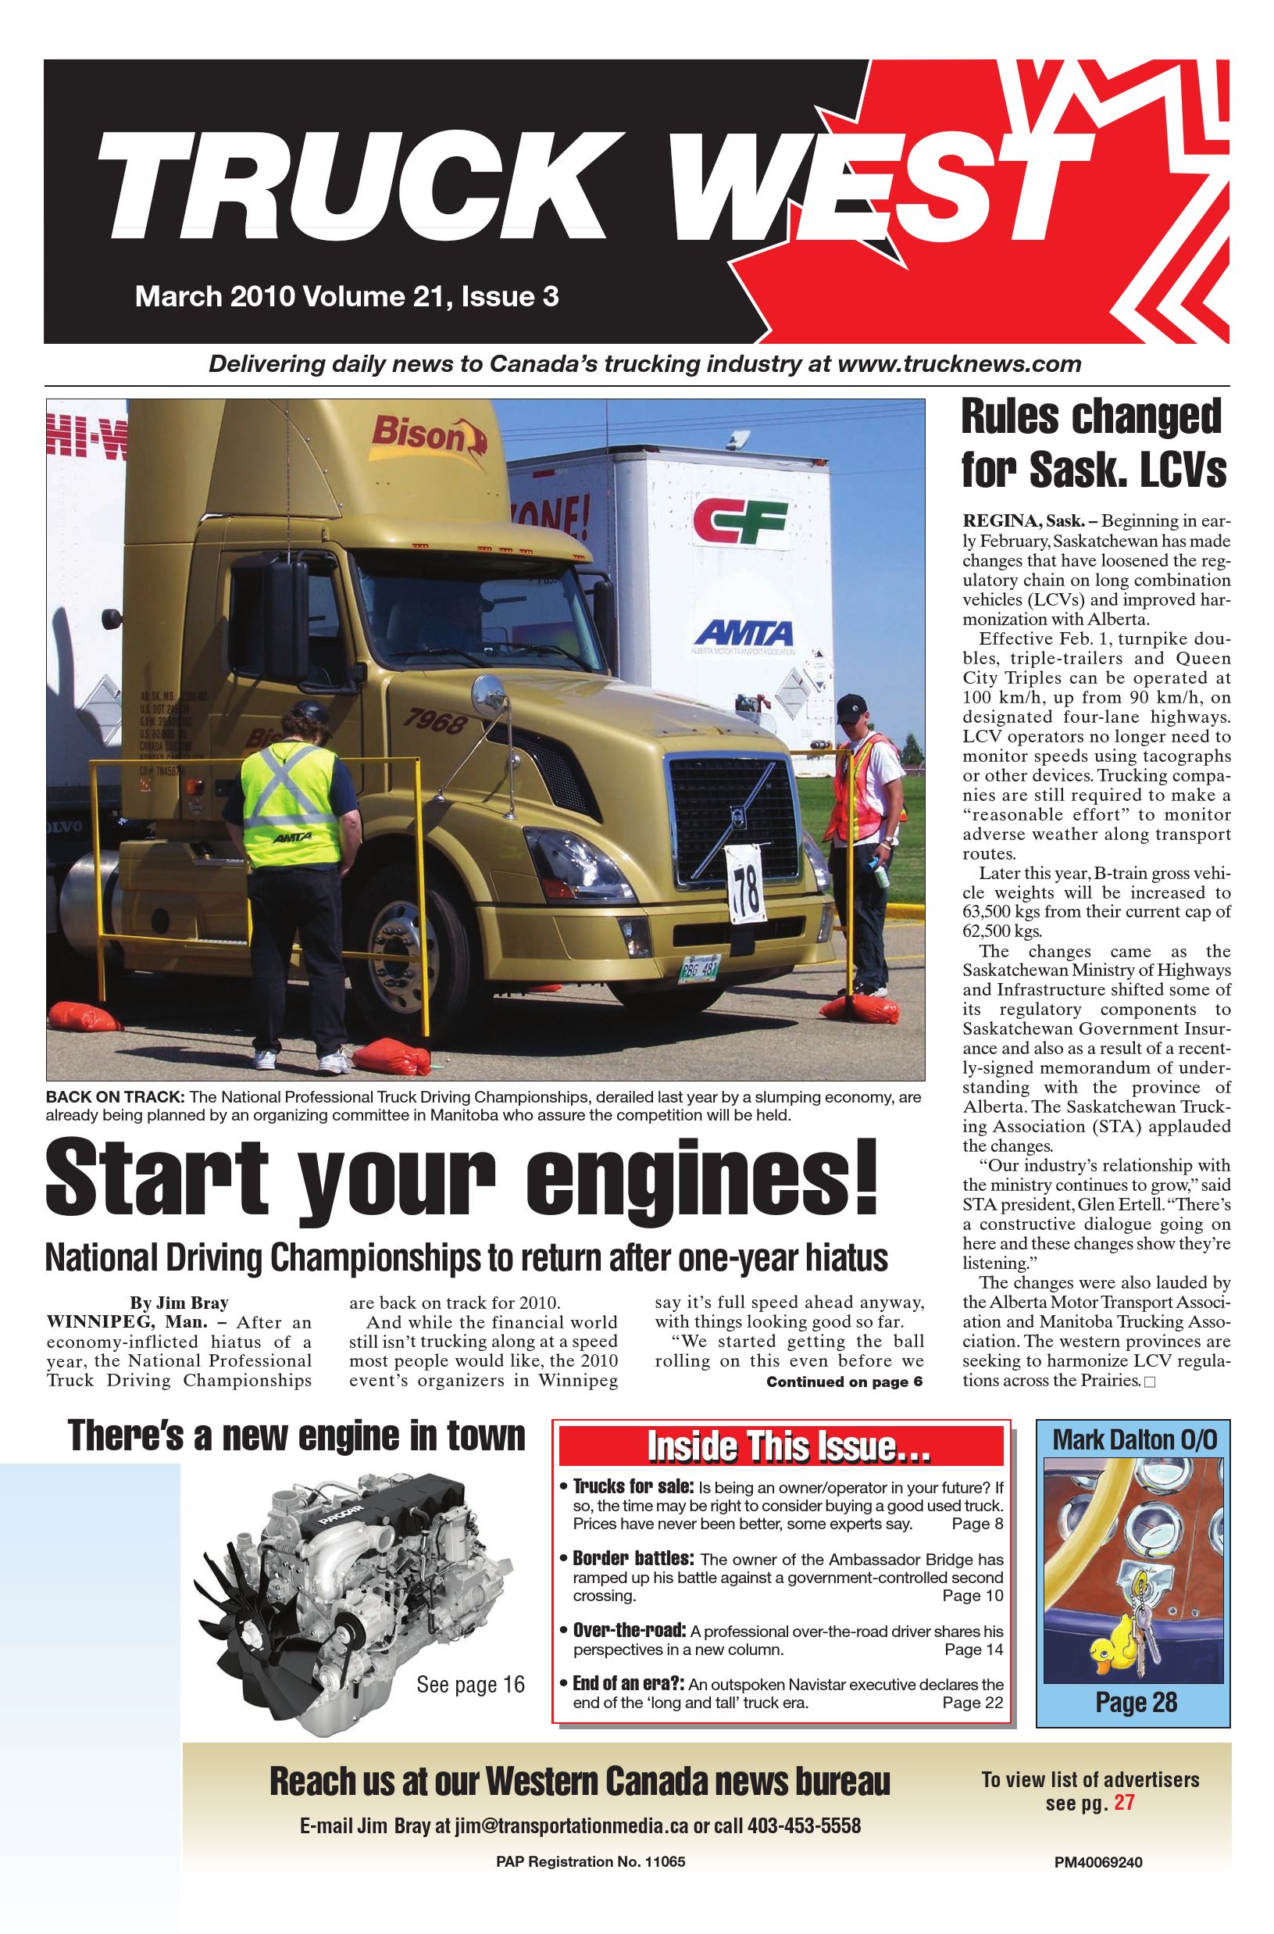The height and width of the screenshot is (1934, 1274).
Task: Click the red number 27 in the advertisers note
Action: [1124, 1804]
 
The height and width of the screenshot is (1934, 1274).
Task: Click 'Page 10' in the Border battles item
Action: [972, 1595]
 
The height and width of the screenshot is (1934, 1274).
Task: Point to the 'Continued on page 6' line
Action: [844, 1382]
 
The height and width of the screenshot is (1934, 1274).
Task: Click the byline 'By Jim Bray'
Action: [179, 1303]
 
